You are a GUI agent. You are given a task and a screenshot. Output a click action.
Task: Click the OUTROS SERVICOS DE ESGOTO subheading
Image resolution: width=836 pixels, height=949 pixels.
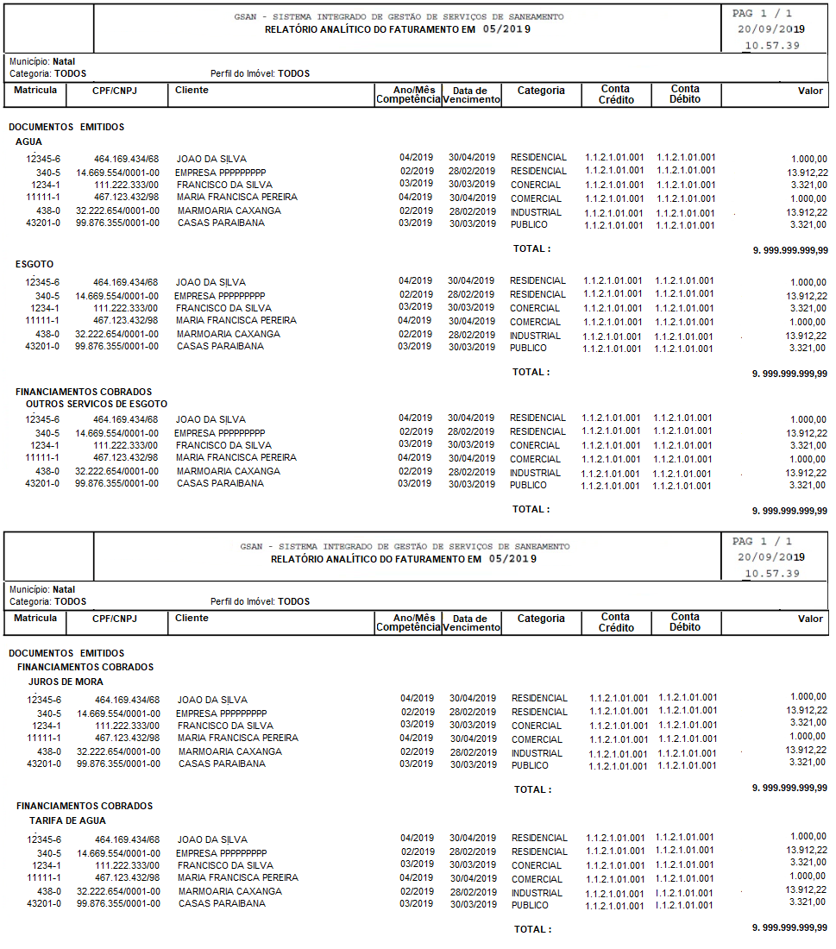click(97, 404)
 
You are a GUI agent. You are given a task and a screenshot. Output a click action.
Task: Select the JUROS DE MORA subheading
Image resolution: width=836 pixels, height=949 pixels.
click(66, 682)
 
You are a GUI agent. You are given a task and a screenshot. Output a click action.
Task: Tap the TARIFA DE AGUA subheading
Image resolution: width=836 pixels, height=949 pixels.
click(68, 820)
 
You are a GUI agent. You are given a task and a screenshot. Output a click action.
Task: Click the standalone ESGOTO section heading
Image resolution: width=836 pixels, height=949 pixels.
click(35, 265)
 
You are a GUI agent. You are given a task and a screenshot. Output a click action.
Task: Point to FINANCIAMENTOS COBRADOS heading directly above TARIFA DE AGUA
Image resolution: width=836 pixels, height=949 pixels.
click(85, 806)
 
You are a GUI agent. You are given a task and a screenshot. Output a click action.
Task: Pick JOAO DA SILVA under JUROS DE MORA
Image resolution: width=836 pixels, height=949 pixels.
click(212, 700)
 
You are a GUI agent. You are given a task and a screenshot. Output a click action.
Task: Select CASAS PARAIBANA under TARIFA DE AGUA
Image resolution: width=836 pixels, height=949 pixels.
click(222, 903)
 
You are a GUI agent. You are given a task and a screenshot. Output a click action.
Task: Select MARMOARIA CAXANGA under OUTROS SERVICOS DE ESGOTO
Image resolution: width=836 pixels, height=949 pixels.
click(229, 471)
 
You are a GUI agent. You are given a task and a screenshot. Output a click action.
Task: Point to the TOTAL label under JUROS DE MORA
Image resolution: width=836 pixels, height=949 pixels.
click(532, 789)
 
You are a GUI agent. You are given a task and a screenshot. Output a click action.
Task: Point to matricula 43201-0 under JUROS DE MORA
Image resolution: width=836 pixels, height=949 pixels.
click(44, 764)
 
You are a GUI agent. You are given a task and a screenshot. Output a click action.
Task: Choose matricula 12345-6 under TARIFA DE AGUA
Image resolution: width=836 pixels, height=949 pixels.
click(44, 839)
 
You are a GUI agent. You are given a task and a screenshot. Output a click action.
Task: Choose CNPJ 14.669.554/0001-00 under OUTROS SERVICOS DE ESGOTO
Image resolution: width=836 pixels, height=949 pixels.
click(116, 432)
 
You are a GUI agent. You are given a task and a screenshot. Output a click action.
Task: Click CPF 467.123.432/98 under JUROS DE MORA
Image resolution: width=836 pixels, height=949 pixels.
click(128, 738)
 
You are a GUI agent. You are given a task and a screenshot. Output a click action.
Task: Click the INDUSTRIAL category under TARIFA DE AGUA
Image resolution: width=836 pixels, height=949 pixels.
click(537, 893)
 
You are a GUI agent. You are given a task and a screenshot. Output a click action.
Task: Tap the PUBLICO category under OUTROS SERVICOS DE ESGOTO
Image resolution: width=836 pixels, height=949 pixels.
click(528, 485)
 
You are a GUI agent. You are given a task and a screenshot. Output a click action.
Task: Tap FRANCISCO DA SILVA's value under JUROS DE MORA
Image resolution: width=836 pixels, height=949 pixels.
click(808, 722)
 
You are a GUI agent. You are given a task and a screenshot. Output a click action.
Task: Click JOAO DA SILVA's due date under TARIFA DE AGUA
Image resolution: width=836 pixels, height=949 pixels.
click(473, 838)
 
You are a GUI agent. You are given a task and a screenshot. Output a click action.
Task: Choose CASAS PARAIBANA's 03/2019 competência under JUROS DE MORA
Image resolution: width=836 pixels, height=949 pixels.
click(418, 764)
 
